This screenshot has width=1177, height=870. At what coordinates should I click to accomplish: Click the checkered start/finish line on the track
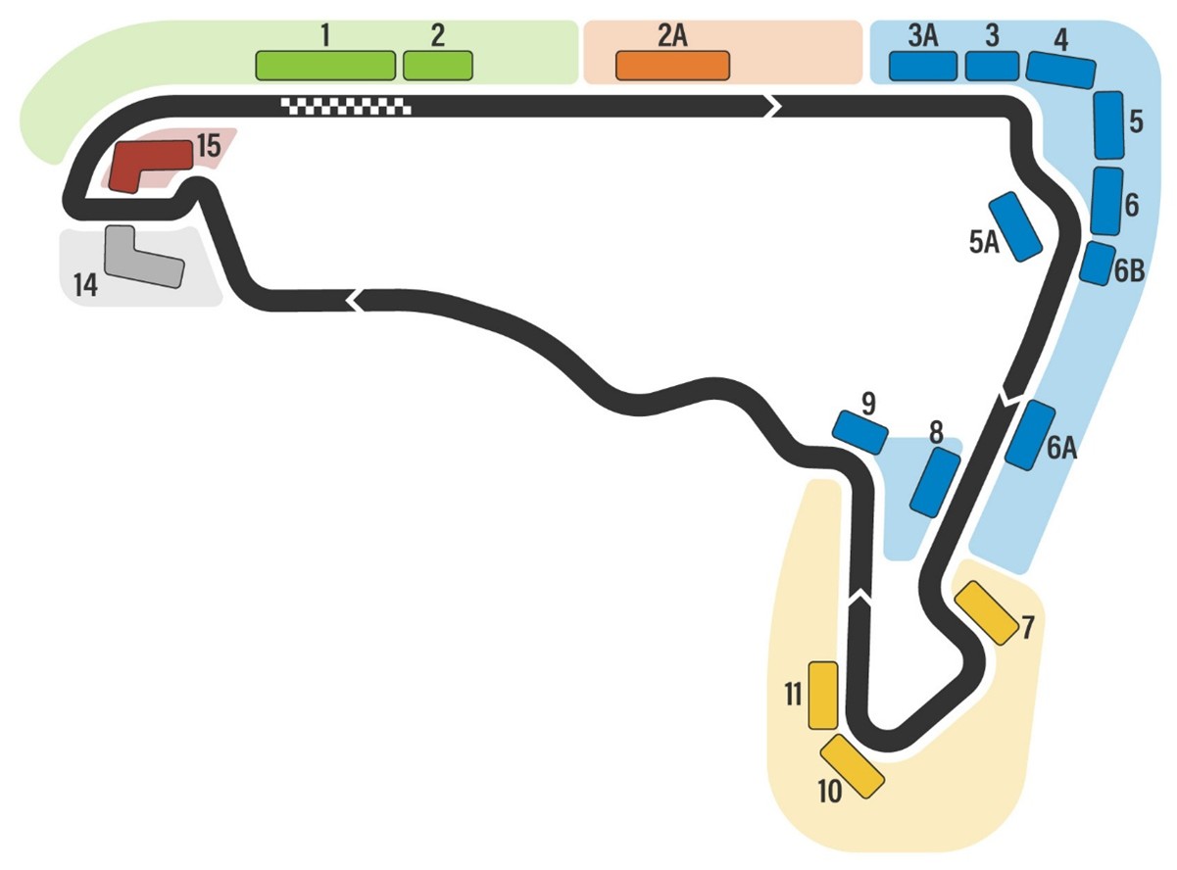tap(346, 106)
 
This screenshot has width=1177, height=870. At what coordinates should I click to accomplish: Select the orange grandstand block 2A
tap(672, 65)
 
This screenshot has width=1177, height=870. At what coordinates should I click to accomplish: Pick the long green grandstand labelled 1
tap(324, 65)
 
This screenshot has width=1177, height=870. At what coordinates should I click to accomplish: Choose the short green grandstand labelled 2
tap(438, 65)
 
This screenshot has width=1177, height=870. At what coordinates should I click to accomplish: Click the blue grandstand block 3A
tap(922, 66)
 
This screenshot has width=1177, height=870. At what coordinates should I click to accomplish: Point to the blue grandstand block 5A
tap(1015, 226)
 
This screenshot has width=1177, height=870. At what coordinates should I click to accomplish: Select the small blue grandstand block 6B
tap(1098, 263)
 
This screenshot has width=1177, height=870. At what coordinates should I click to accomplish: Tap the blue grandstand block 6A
tap(1030, 435)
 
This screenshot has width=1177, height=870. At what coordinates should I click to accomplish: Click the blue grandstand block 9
tap(859, 431)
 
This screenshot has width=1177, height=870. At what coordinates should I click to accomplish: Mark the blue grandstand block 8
tap(934, 482)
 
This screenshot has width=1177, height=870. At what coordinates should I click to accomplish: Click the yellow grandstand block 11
tap(822, 695)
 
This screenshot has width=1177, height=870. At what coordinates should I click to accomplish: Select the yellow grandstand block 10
tap(852, 765)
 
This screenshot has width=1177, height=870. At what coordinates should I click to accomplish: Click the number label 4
tap(1061, 39)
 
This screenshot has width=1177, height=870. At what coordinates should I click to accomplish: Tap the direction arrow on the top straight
tap(772, 106)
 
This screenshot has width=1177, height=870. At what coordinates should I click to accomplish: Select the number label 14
tap(85, 286)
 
